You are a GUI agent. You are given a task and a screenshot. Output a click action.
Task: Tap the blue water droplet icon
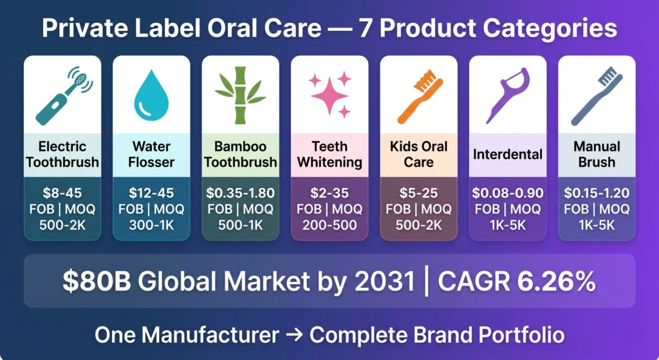[x=151, y=95]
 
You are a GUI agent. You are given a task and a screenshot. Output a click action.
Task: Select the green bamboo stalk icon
[x=241, y=95]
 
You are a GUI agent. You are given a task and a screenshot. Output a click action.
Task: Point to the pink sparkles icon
[x=330, y=94]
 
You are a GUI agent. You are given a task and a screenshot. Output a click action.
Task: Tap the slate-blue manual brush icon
[x=597, y=97]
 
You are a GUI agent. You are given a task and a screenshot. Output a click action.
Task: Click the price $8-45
[x=62, y=193]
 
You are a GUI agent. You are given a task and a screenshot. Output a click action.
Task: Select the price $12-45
[x=151, y=193]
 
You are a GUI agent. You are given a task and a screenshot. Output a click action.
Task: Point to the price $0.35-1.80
[x=241, y=193]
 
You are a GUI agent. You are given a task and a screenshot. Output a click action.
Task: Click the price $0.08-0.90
[x=508, y=193]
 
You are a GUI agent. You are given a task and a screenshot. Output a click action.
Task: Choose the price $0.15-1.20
[x=597, y=193]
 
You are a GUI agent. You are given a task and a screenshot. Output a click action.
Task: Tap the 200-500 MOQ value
[x=329, y=225]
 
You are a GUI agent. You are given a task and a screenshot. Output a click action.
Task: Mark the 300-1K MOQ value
[x=151, y=225]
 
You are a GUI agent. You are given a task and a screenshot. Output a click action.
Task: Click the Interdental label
[x=508, y=155]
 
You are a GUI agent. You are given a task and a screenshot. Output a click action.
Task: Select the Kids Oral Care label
[x=418, y=154]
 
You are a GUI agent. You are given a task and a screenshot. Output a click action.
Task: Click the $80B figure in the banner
[x=97, y=281]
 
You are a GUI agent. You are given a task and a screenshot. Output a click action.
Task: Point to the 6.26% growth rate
[x=556, y=281]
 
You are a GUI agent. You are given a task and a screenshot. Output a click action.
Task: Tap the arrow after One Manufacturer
[x=294, y=335]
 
